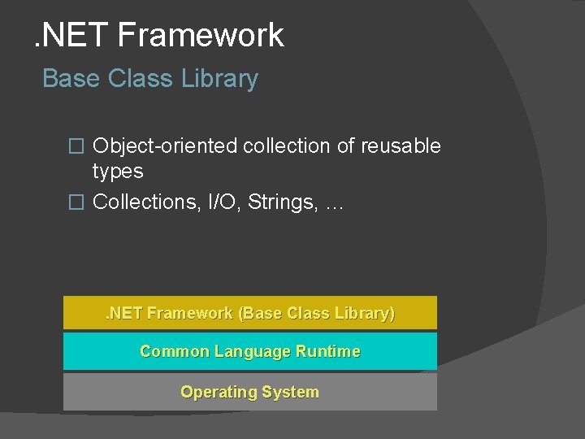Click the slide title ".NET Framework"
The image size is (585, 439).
[158, 35]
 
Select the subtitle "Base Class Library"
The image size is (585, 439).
[150, 79]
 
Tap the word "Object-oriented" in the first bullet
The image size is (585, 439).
[165, 146]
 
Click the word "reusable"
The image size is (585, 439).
[401, 146]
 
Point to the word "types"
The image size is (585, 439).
[118, 172]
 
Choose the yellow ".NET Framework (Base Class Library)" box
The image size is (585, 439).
[250, 313]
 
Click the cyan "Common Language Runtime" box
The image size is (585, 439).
[250, 351]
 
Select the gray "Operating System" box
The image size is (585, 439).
[250, 392]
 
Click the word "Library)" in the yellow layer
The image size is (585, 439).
[367, 313]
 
